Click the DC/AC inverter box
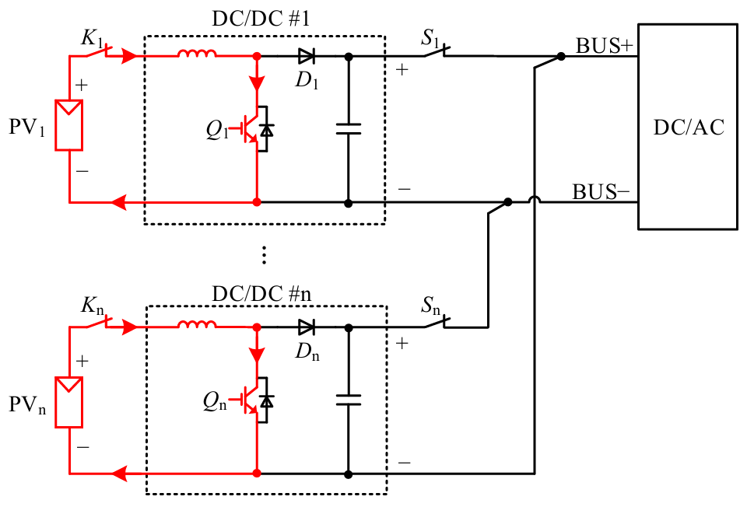(x=687, y=127)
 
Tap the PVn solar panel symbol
(x=69, y=401)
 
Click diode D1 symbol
(x=306, y=56)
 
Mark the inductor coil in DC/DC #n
(x=198, y=326)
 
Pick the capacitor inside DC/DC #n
(x=348, y=400)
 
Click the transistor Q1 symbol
(x=254, y=128)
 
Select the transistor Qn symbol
(x=254, y=399)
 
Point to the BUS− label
(x=604, y=191)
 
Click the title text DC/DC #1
(x=261, y=20)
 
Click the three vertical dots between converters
(x=265, y=255)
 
